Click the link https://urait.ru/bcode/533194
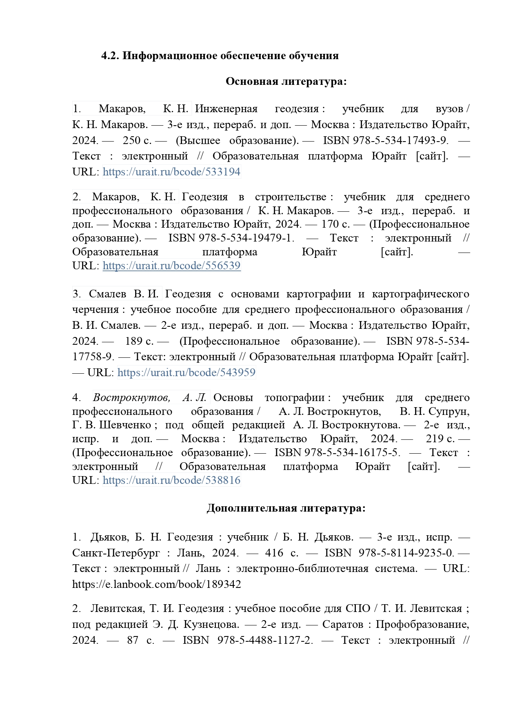pos(171,172)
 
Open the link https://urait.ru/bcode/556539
pos(171,266)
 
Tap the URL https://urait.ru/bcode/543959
pos(186,372)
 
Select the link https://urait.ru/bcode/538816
pos(171,480)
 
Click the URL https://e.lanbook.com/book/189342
pos(156,584)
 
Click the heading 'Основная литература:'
pos(286,82)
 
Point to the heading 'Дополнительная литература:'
pos(286,508)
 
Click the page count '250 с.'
pos(137,140)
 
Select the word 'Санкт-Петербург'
pos(116,553)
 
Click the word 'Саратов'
pos(342,624)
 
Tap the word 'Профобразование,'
pos(422,624)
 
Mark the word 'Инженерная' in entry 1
pos(226,109)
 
